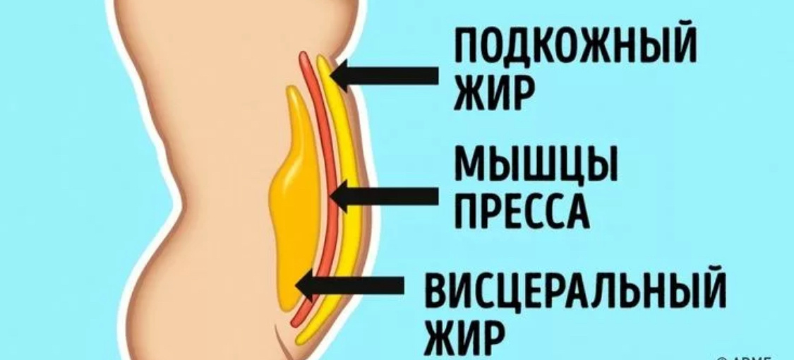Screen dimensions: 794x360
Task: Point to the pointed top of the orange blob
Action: point(291,88)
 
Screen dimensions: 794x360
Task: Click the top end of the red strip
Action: point(303,54)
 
